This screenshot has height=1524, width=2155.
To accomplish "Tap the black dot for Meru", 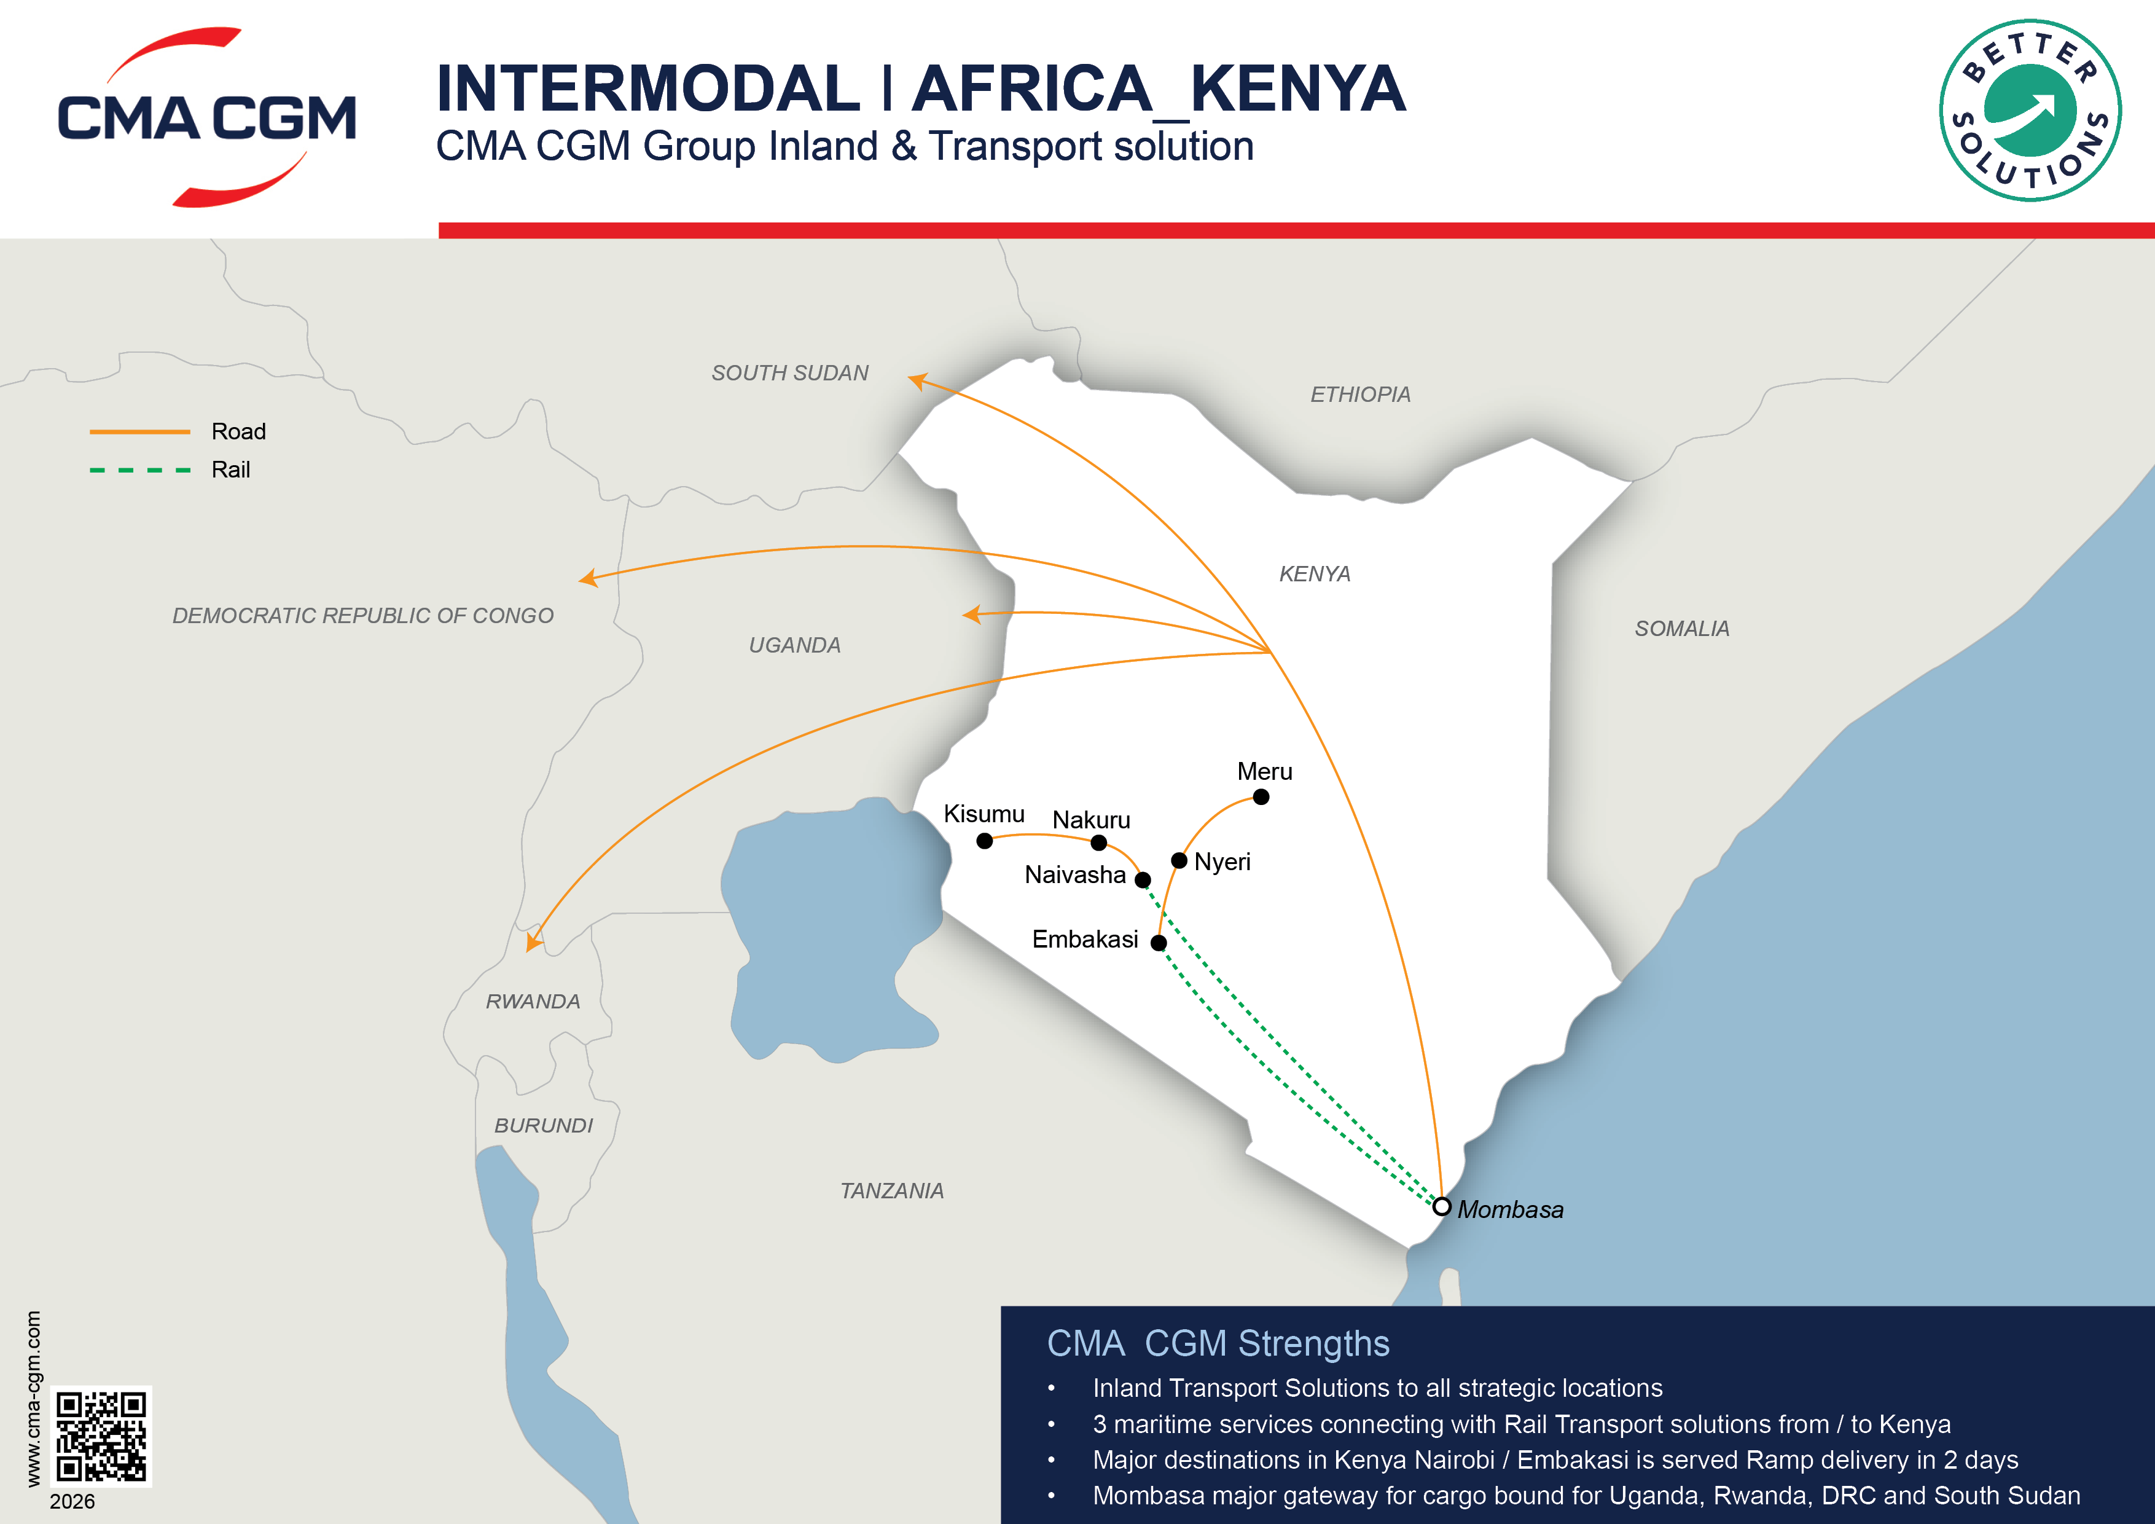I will tap(1261, 797).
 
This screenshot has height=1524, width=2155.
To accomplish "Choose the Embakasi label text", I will tap(1085, 939).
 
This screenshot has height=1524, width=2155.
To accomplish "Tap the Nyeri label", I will tap(1222, 862).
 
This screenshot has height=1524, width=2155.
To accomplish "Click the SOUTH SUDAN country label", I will tap(789, 373).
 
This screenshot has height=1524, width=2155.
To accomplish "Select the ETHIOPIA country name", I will tap(1360, 395).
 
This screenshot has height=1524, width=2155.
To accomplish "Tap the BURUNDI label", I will tap(544, 1126).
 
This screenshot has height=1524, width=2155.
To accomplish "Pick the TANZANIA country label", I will tap(891, 1191).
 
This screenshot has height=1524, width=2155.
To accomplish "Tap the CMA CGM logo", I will tap(206, 117).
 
